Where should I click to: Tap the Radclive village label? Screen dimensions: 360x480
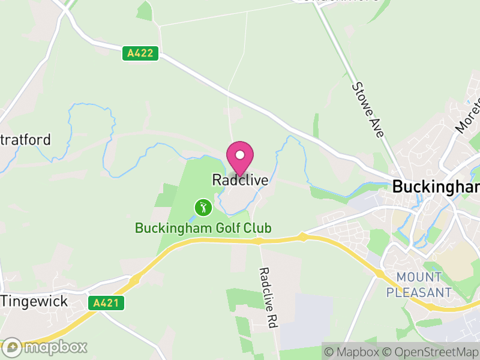(x=240, y=179)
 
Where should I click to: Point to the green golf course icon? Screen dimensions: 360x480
(x=203, y=208)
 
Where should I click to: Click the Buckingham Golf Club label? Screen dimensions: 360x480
(x=203, y=228)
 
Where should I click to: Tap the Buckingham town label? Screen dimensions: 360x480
(x=436, y=187)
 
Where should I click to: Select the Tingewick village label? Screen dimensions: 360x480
(x=34, y=301)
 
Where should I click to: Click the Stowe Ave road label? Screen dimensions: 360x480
(x=367, y=110)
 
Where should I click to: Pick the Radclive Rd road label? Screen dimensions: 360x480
(x=267, y=297)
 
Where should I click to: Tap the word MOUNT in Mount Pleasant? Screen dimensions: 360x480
(x=419, y=278)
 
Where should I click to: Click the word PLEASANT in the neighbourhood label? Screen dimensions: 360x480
(x=419, y=292)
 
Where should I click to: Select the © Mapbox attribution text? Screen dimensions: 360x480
(x=355, y=352)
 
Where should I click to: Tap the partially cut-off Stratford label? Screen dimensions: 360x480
(x=25, y=140)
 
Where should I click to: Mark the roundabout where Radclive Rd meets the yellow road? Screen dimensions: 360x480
(x=258, y=241)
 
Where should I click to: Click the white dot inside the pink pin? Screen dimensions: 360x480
(x=240, y=155)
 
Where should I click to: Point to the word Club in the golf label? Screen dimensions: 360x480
(x=258, y=228)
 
